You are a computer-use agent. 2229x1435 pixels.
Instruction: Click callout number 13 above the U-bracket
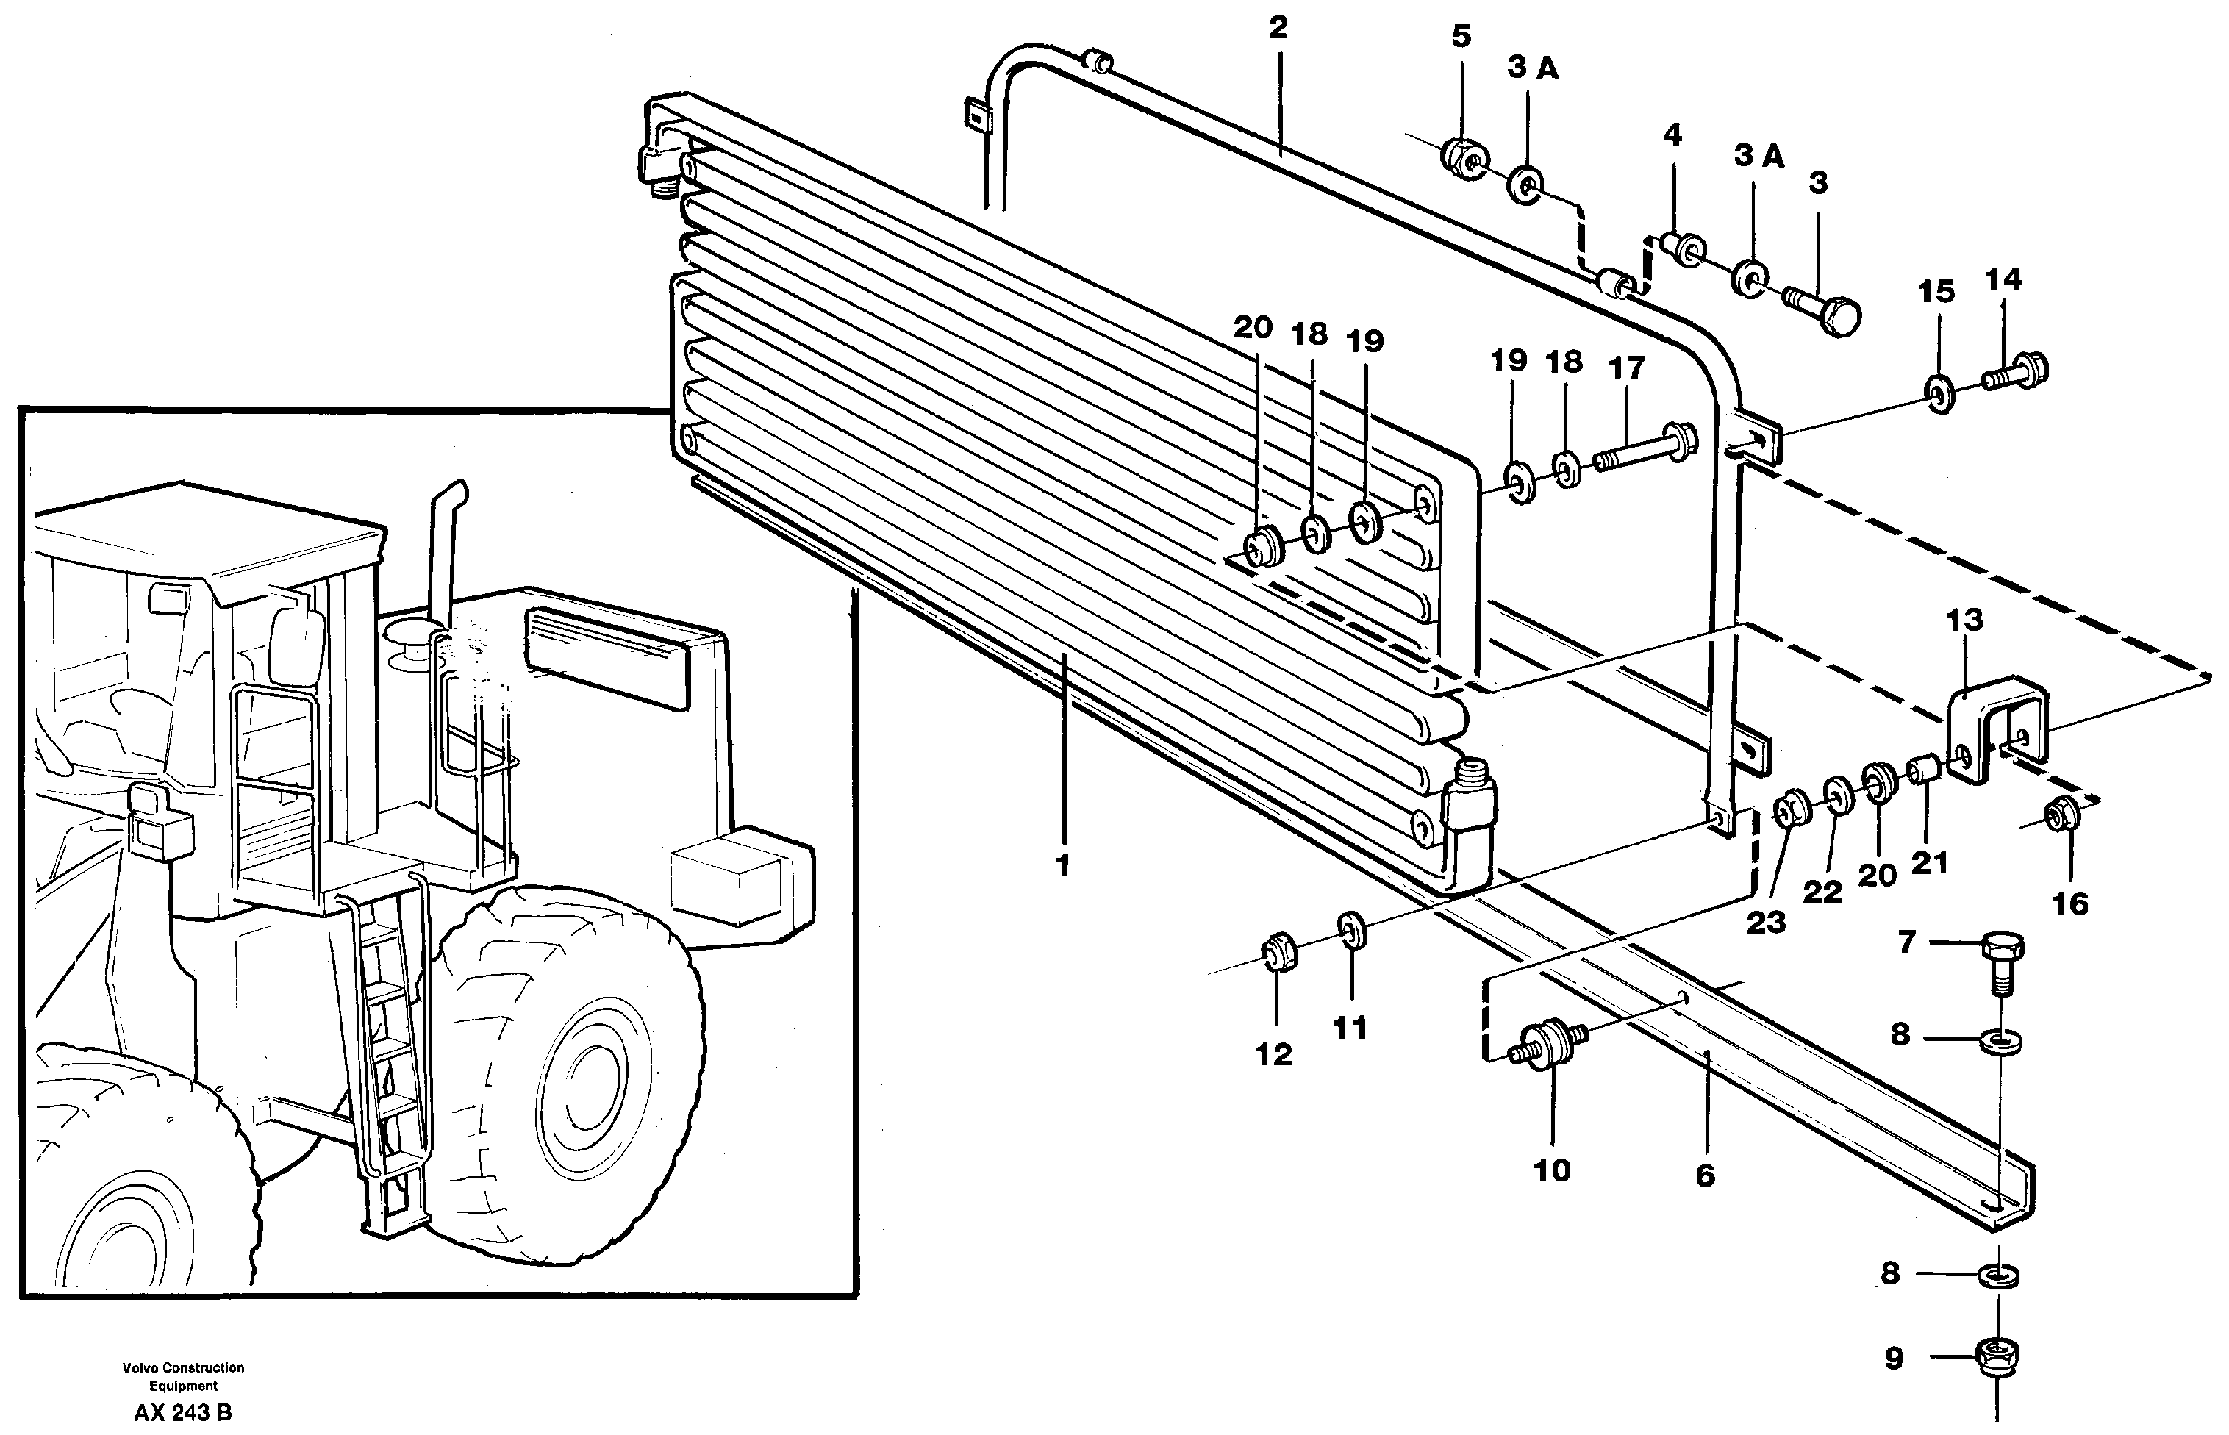tap(1964, 620)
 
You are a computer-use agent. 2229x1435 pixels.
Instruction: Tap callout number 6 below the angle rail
tap(1704, 1176)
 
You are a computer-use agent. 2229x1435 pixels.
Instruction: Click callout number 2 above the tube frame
tap(1278, 29)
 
